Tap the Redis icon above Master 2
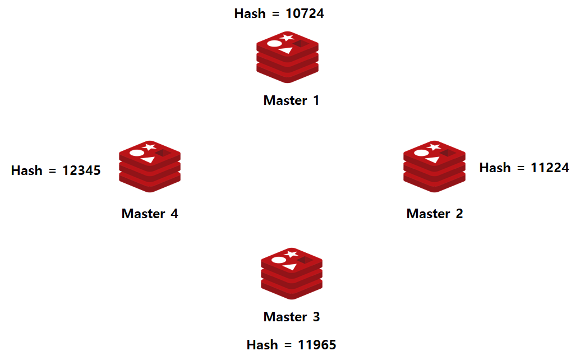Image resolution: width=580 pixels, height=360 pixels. [x=434, y=167]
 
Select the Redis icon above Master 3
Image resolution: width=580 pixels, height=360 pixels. [x=292, y=273]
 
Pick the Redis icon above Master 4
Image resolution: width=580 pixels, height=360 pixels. [x=150, y=167]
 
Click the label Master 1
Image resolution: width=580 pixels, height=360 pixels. [x=291, y=100]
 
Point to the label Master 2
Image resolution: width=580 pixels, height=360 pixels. [x=435, y=214]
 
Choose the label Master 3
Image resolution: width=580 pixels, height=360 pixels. [x=291, y=317]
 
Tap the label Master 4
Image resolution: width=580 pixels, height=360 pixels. [x=150, y=214]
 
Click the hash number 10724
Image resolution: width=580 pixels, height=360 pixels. [x=305, y=13]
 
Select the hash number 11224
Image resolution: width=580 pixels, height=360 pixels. [x=550, y=168]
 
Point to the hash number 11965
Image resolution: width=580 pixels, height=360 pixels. [x=317, y=344]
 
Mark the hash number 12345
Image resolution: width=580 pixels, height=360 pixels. [x=81, y=170]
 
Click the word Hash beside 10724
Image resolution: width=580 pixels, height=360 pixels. [x=250, y=13]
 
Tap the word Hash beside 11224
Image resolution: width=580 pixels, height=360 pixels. [x=495, y=168]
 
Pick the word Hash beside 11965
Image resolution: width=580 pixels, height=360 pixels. [x=263, y=344]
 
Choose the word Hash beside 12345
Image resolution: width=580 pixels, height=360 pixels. [x=27, y=170]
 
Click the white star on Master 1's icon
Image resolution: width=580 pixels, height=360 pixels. [x=287, y=38]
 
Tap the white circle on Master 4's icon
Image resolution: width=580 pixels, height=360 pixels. [x=137, y=153]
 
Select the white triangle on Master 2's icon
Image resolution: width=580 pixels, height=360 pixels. [x=432, y=160]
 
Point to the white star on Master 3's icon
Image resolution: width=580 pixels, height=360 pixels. [x=291, y=254]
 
